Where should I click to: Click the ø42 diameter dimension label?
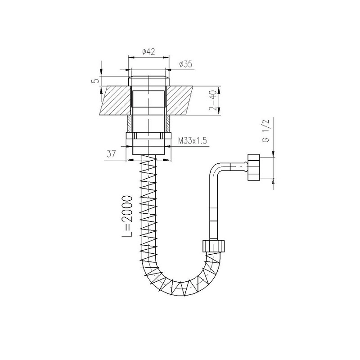148,52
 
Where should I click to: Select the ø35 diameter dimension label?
185,64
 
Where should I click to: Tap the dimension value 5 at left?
97,81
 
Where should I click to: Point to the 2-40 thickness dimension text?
213,100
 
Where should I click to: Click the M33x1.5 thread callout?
193,140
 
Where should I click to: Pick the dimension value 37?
111,154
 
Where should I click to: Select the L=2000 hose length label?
127,216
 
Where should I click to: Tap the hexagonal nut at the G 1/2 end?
253,167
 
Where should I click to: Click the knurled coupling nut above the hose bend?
213,246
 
